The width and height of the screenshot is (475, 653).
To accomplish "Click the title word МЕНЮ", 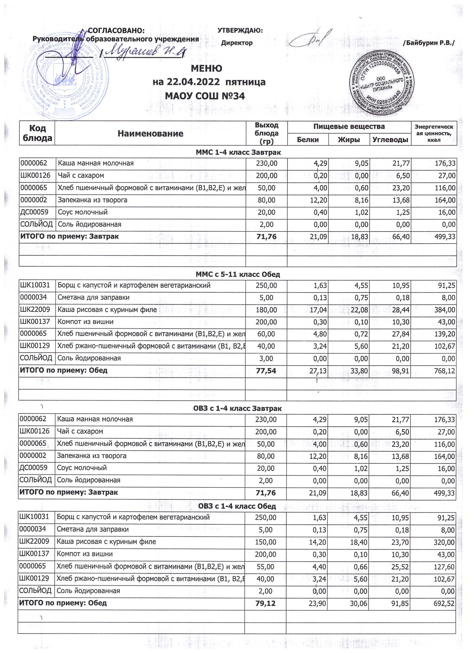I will pyautogui.click(x=206, y=69).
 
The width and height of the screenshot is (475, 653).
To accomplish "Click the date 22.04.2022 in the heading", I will pyautogui.click(x=188, y=82).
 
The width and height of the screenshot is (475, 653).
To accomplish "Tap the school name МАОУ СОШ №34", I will pyautogui.click(x=205, y=96).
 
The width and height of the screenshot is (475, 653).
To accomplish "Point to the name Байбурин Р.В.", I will pyautogui.click(x=429, y=43).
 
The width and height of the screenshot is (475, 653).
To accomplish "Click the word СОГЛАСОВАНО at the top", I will pyautogui.click(x=116, y=31).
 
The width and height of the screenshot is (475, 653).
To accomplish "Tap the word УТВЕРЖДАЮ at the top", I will pyautogui.click(x=240, y=31).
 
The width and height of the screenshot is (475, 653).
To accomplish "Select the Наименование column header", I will pyautogui.click(x=150, y=134).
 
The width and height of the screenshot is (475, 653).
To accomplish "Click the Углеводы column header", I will pyautogui.click(x=390, y=140).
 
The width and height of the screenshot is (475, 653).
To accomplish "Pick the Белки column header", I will pyautogui.click(x=308, y=140).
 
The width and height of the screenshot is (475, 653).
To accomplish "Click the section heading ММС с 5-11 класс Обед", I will pyautogui.click(x=237, y=275).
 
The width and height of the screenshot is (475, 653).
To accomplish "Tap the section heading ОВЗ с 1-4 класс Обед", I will pyautogui.click(x=237, y=506).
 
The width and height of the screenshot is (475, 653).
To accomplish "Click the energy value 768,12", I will pyautogui.click(x=445, y=371).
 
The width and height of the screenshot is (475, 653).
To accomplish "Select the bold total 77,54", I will pyautogui.click(x=266, y=371).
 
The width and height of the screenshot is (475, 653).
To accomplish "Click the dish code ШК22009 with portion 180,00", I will pyautogui.click(x=35, y=310).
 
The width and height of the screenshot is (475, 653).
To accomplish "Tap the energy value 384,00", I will pyautogui.click(x=445, y=310).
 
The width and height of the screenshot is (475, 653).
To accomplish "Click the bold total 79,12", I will pyautogui.click(x=266, y=603).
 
